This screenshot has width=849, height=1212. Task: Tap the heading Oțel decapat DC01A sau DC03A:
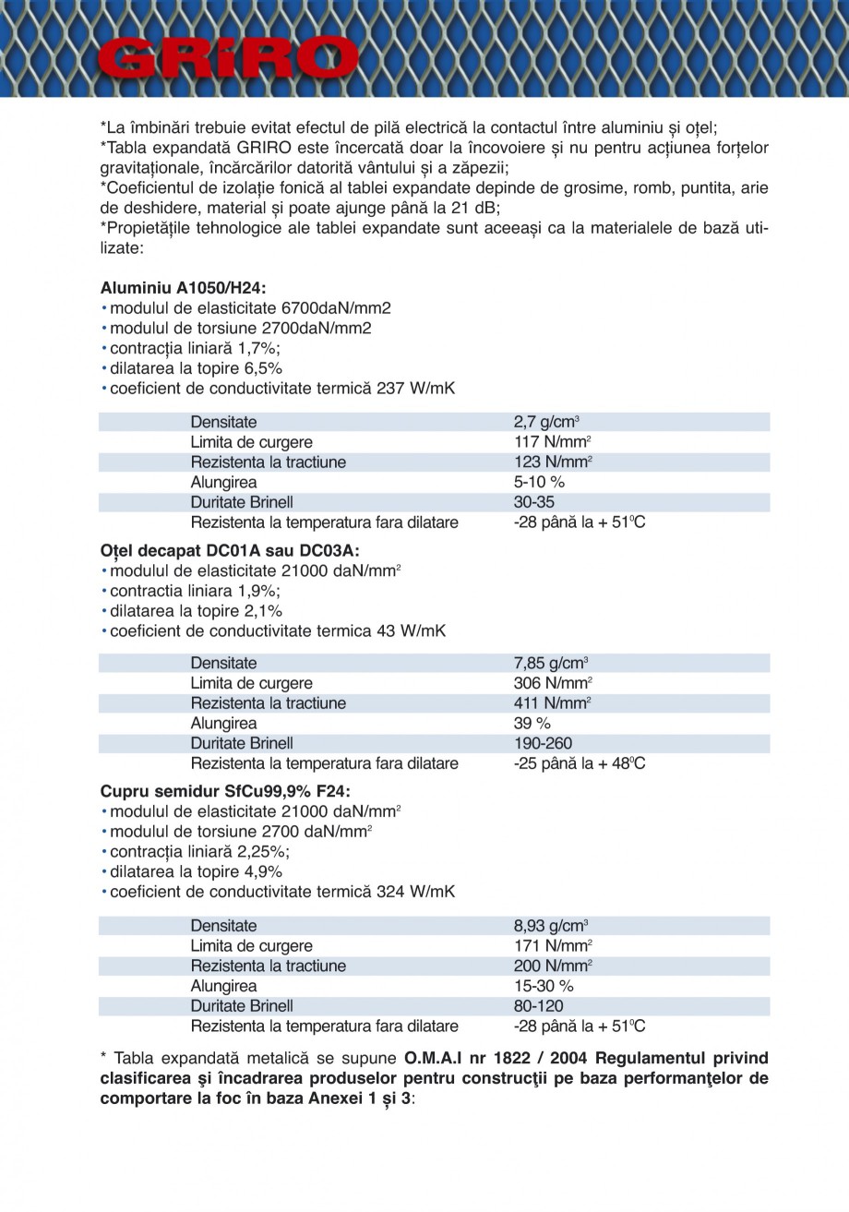230,550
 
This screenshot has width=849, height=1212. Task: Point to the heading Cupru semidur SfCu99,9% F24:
225,791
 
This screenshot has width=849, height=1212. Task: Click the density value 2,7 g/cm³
546,422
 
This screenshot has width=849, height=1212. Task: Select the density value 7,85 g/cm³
551,663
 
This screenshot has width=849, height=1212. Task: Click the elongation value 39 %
532,723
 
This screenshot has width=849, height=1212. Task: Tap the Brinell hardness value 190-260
543,743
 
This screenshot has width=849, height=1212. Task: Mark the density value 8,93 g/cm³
551,926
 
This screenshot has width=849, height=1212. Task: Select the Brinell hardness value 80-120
538,1006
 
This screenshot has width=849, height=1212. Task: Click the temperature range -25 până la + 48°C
579,763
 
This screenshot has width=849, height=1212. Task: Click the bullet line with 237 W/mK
281,389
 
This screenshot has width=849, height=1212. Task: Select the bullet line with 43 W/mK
277,631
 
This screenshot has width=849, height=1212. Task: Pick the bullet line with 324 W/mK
281,892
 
